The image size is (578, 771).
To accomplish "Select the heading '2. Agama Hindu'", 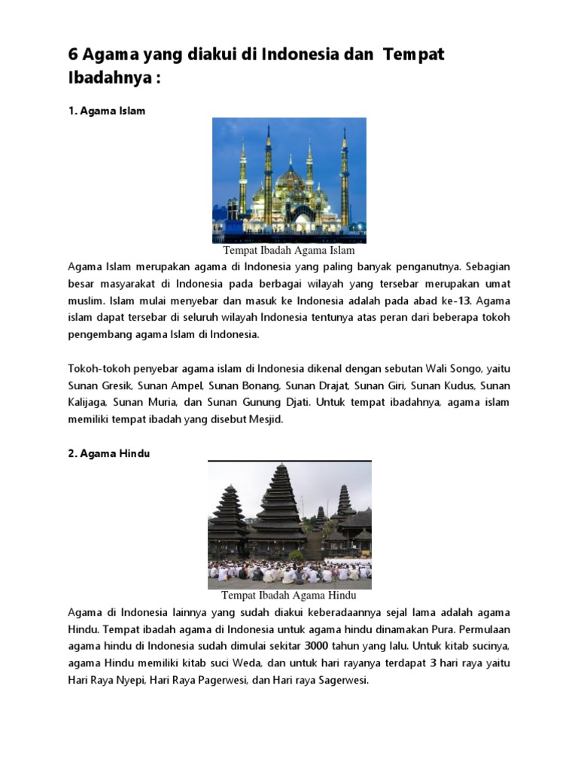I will (x=109, y=454).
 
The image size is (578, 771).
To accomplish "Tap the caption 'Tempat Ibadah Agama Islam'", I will (x=288, y=250).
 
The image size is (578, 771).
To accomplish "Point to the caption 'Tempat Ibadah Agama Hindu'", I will (x=289, y=595).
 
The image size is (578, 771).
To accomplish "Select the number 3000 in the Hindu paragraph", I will (x=318, y=646).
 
